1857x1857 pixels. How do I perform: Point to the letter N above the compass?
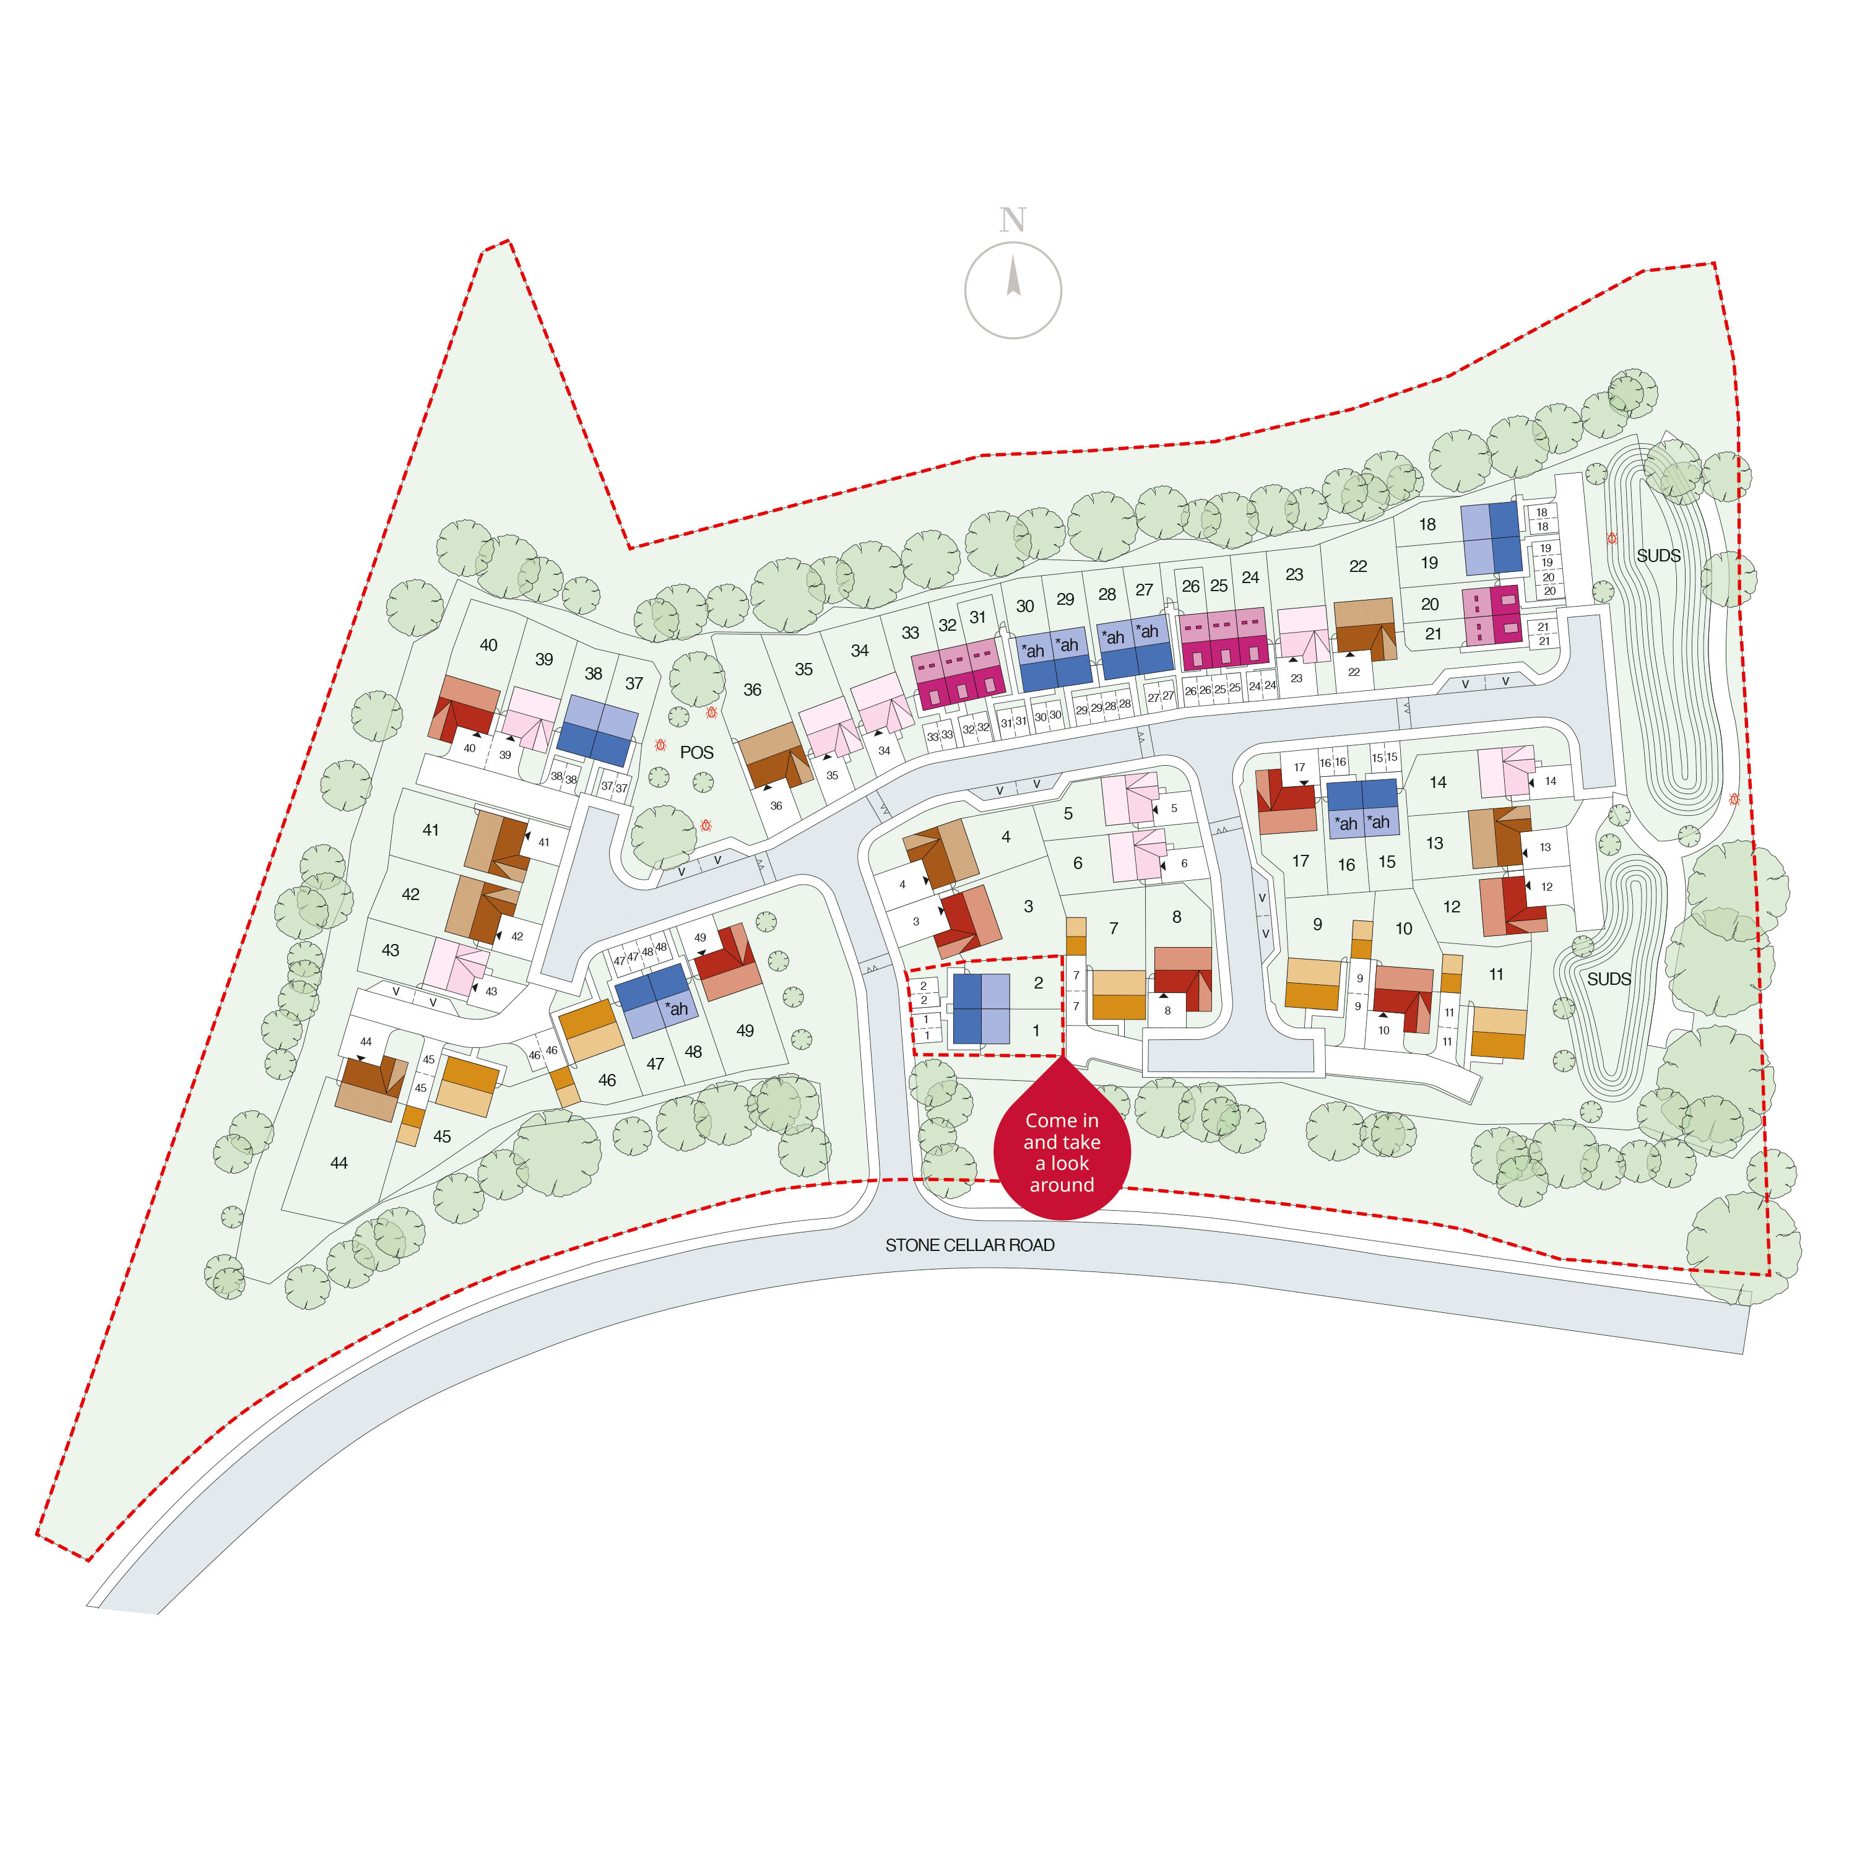coord(1012,220)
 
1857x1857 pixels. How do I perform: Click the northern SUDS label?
coord(1658,556)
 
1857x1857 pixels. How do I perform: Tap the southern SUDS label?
coord(1609,979)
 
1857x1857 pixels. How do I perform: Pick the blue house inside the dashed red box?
coord(980,1008)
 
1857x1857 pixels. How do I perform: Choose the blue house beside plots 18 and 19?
coord(1491,539)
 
